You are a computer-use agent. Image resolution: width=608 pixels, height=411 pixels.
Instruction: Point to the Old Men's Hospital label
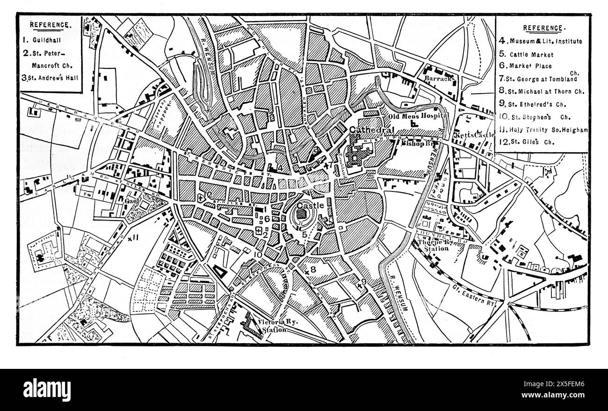coord(419,116)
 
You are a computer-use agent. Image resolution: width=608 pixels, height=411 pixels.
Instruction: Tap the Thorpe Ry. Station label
coord(434,245)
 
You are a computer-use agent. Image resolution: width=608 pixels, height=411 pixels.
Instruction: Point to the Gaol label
coord(131,201)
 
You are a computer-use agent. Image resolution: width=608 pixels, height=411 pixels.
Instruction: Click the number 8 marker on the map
coord(313,270)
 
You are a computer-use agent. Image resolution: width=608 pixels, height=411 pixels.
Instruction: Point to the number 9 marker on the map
coord(363,281)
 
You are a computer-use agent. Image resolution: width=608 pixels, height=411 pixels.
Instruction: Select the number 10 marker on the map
coord(257,255)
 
